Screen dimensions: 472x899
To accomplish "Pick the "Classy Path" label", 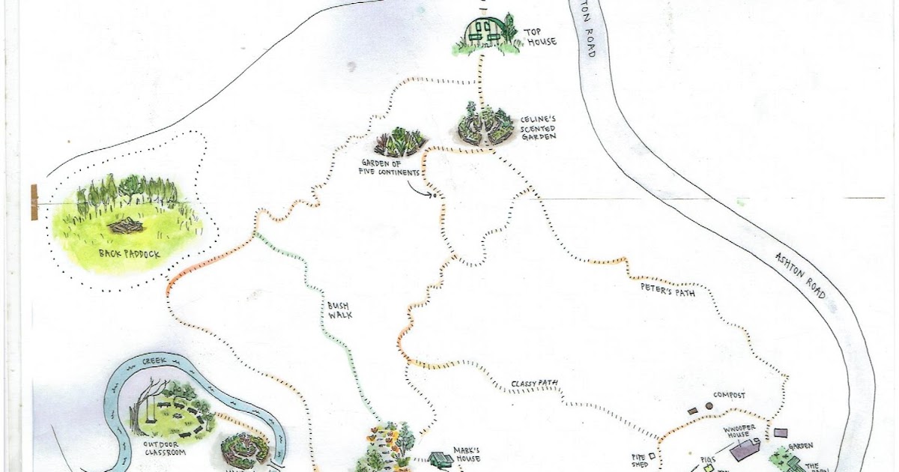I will (536, 385).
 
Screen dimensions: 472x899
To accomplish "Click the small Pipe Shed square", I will (652, 455).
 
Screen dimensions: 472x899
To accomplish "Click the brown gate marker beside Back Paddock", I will (35, 202).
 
